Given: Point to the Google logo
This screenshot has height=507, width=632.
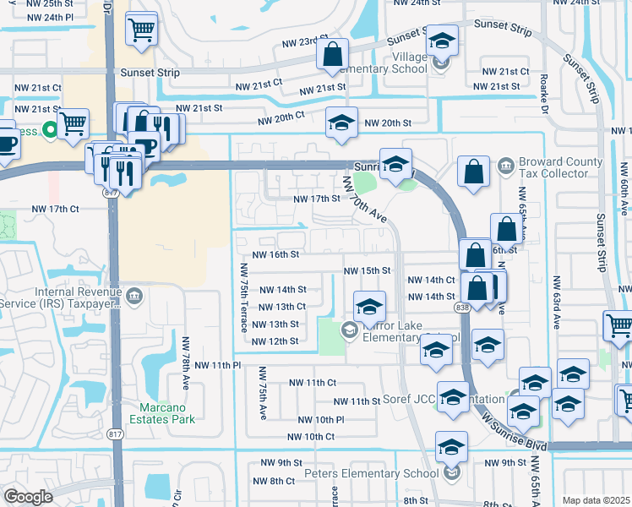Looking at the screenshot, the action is coord(28,497).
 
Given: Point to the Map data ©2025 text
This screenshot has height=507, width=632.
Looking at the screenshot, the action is coord(595,500).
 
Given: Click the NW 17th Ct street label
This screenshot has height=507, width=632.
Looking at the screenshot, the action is coord(56,209).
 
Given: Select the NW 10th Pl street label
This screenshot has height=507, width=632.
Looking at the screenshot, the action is coord(321,420).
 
